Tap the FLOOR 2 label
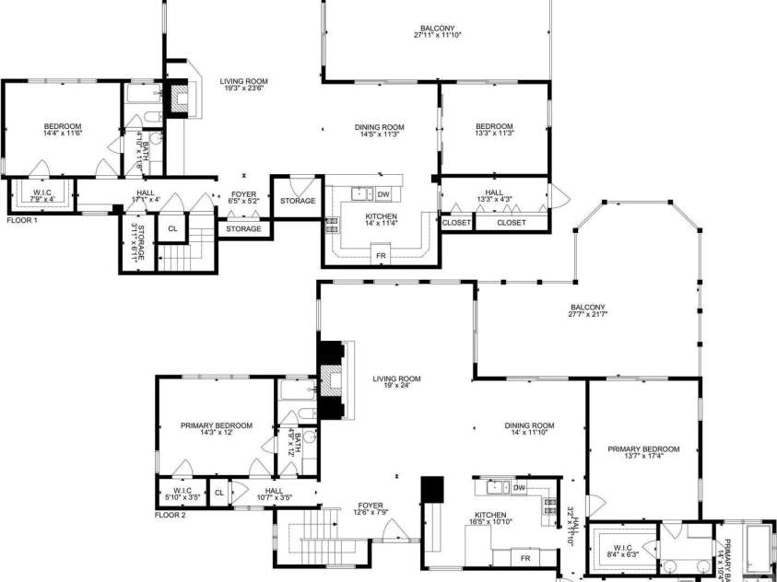(x=171, y=515)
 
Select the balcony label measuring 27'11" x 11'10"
(x=438, y=31)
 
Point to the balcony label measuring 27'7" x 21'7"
(x=588, y=310)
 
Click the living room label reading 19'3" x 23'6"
(x=244, y=86)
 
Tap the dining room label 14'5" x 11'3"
(x=380, y=130)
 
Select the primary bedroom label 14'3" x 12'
(x=216, y=429)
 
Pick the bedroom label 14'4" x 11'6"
(x=63, y=130)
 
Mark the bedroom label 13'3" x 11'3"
(x=494, y=130)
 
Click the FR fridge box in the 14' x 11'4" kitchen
(x=379, y=254)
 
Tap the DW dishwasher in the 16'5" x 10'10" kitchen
(x=519, y=487)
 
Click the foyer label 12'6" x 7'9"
(x=371, y=509)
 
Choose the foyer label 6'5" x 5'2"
(x=243, y=196)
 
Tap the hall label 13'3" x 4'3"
(x=494, y=196)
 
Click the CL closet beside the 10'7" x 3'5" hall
(x=218, y=493)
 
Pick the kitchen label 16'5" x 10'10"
(x=492, y=518)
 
